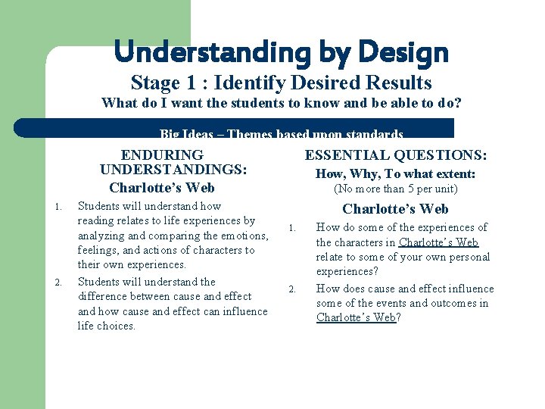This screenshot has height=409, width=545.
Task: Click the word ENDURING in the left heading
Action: [162, 155]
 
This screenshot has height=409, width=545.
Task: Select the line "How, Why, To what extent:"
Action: [395, 174]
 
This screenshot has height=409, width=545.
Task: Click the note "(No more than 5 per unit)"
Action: [395, 189]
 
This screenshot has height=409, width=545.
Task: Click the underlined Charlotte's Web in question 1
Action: [438, 242]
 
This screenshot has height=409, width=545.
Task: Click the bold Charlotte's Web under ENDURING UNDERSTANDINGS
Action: [162, 188]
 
